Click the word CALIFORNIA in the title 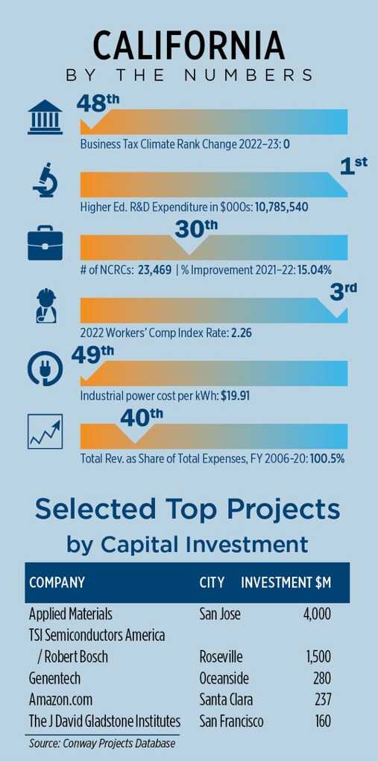[x=189, y=47]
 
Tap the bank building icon [x=45, y=117]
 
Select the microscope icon [x=45, y=181]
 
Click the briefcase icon [x=45, y=243]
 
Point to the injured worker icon [x=46, y=306]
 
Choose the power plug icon [x=45, y=369]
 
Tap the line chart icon [x=45, y=431]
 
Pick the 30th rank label [x=196, y=229]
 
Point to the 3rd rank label [x=344, y=292]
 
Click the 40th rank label [x=142, y=417]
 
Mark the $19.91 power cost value [x=236, y=396]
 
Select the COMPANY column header [x=57, y=583]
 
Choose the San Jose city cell [x=220, y=614]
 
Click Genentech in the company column [x=54, y=678]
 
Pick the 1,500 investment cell [x=318, y=656]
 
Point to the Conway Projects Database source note [x=102, y=743]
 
